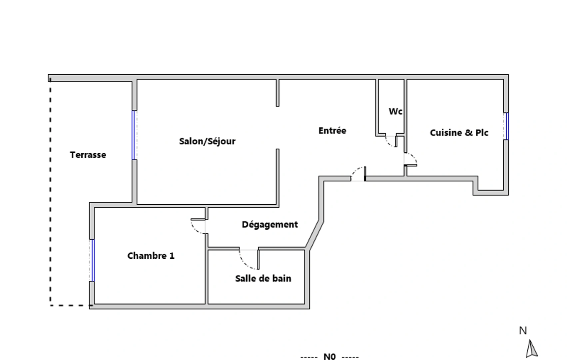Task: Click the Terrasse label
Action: [88, 155]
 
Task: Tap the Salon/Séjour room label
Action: [207, 141]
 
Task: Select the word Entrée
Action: [332, 130]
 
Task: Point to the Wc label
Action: [395, 111]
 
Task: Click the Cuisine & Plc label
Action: [459, 132]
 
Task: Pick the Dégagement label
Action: [270, 224]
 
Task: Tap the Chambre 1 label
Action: [151, 256]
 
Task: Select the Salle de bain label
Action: [263, 278]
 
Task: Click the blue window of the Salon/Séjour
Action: [133, 135]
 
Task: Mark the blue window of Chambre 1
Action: [93, 260]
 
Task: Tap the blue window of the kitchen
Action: [507, 126]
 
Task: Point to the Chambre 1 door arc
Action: [195, 230]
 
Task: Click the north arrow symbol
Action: [531, 349]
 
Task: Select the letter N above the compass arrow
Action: [523, 331]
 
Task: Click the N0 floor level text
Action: [329, 357]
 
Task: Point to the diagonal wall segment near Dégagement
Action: [314, 235]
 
